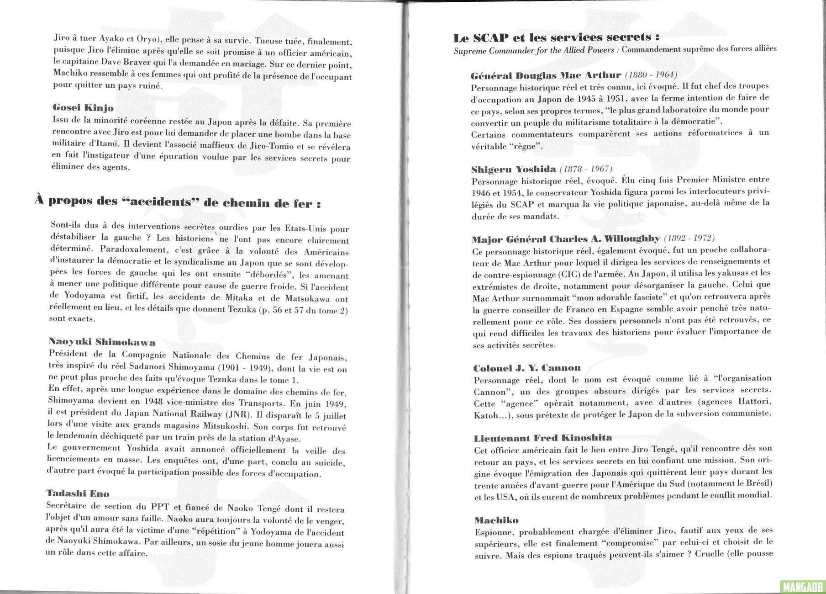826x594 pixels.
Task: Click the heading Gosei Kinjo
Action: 83,108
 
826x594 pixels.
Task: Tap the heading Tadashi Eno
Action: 78,493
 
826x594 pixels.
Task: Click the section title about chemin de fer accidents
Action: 178,202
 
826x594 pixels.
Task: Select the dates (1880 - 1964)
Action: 651,75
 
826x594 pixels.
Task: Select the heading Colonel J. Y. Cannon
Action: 527,367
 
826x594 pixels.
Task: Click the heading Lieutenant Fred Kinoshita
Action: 542,438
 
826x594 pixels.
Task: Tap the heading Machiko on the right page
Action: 496,520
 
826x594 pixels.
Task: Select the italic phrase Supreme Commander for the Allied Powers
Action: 533,50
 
